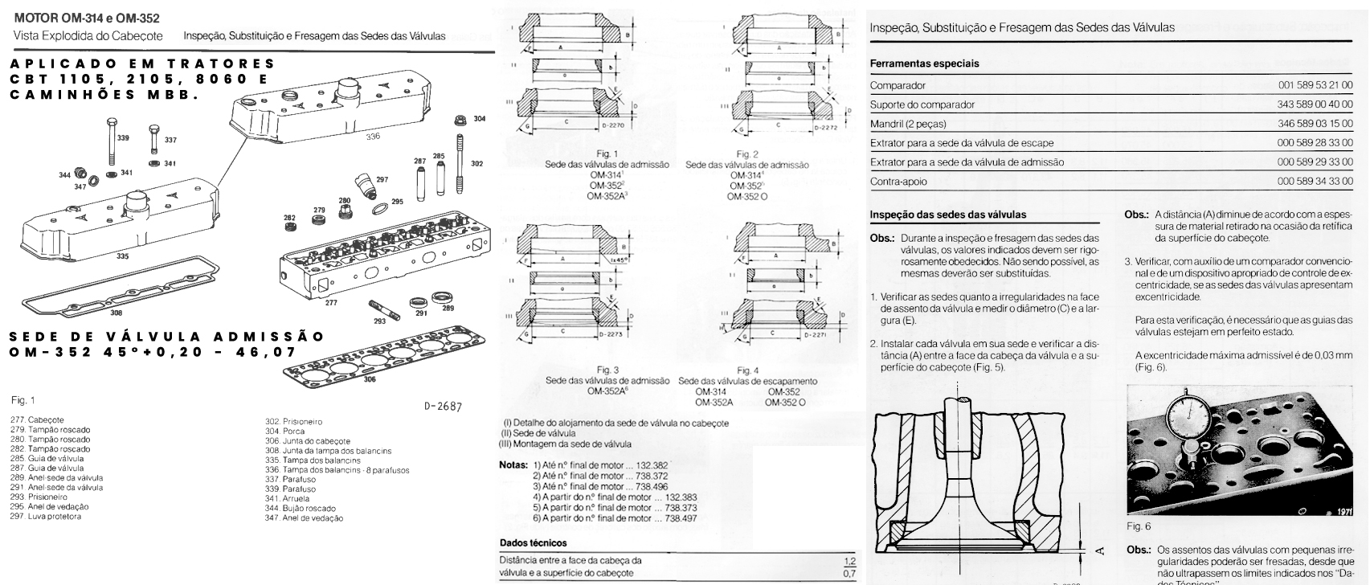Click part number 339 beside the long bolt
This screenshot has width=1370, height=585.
click(x=123, y=138)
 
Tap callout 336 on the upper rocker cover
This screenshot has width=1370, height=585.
click(x=373, y=137)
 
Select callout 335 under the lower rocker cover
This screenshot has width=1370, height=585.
click(x=122, y=256)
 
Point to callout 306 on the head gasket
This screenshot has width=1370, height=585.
click(x=369, y=378)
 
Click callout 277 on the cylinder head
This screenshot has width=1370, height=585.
click(x=331, y=303)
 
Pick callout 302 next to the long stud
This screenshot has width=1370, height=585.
click(x=476, y=164)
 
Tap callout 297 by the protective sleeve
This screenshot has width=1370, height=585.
click(x=382, y=179)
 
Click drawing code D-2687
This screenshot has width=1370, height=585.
click(x=443, y=407)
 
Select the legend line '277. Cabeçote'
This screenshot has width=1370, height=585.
click(x=38, y=420)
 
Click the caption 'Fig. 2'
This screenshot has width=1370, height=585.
click(x=746, y=154)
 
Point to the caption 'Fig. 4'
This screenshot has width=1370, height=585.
click(x=746, y=370)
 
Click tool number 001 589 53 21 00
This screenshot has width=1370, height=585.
click(x=1315, y=85)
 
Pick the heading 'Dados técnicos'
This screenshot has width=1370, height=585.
click(x=533, y=543)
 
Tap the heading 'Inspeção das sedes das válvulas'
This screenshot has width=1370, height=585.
click(x=948, y=215)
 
